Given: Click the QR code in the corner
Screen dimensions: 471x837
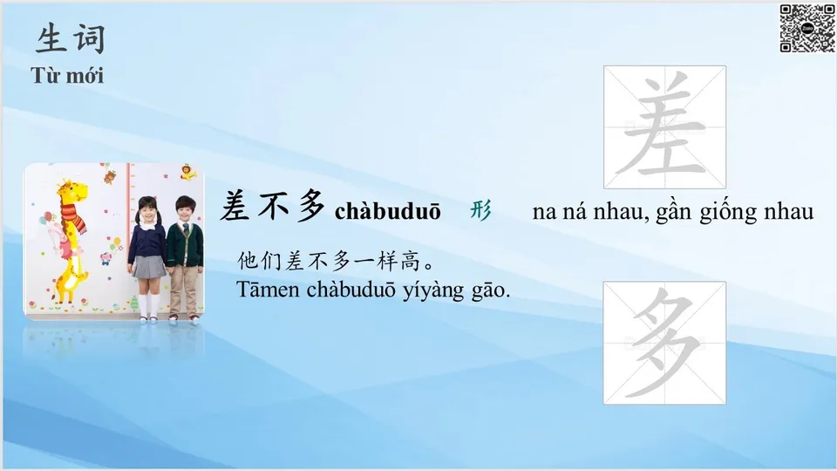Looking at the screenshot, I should point(806,28).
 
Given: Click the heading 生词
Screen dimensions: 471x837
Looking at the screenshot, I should point(71,38).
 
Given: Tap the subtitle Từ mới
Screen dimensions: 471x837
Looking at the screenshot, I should point(67,75).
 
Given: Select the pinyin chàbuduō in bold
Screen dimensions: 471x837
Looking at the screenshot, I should point(388,212).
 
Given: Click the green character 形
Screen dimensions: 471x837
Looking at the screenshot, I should point(480,210).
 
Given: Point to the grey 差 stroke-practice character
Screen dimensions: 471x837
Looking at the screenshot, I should point(664,127).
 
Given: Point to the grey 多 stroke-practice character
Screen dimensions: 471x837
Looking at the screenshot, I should point(664,343).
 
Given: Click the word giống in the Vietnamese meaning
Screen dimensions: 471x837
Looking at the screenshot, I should point(728,212).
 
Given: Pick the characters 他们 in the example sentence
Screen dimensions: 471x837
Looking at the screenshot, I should point(259,261).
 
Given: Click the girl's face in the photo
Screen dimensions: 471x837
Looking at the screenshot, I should point(147,213).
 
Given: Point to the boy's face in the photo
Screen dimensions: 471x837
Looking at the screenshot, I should point(184,210).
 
